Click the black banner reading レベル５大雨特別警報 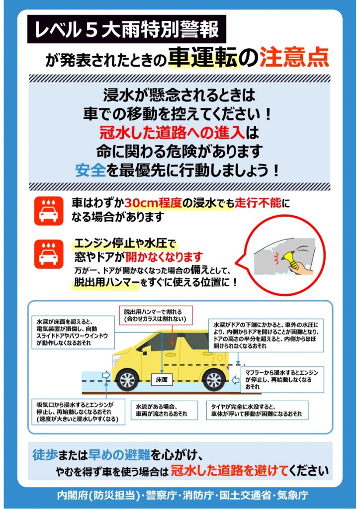[127, 29]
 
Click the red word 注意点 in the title [294, 58]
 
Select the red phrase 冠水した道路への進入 [172, 132]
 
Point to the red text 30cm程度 [153, 203]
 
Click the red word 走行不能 [258, 203]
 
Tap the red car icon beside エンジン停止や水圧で [49, 254]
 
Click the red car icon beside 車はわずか [49, 211]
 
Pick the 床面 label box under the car [162, 379]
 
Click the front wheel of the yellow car [127, 380]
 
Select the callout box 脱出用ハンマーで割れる [156, 315]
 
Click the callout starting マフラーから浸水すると [282, 379]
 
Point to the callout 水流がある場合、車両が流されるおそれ [164, 410]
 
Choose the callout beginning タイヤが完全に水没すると [257, 410]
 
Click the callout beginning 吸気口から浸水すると [78, 412]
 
